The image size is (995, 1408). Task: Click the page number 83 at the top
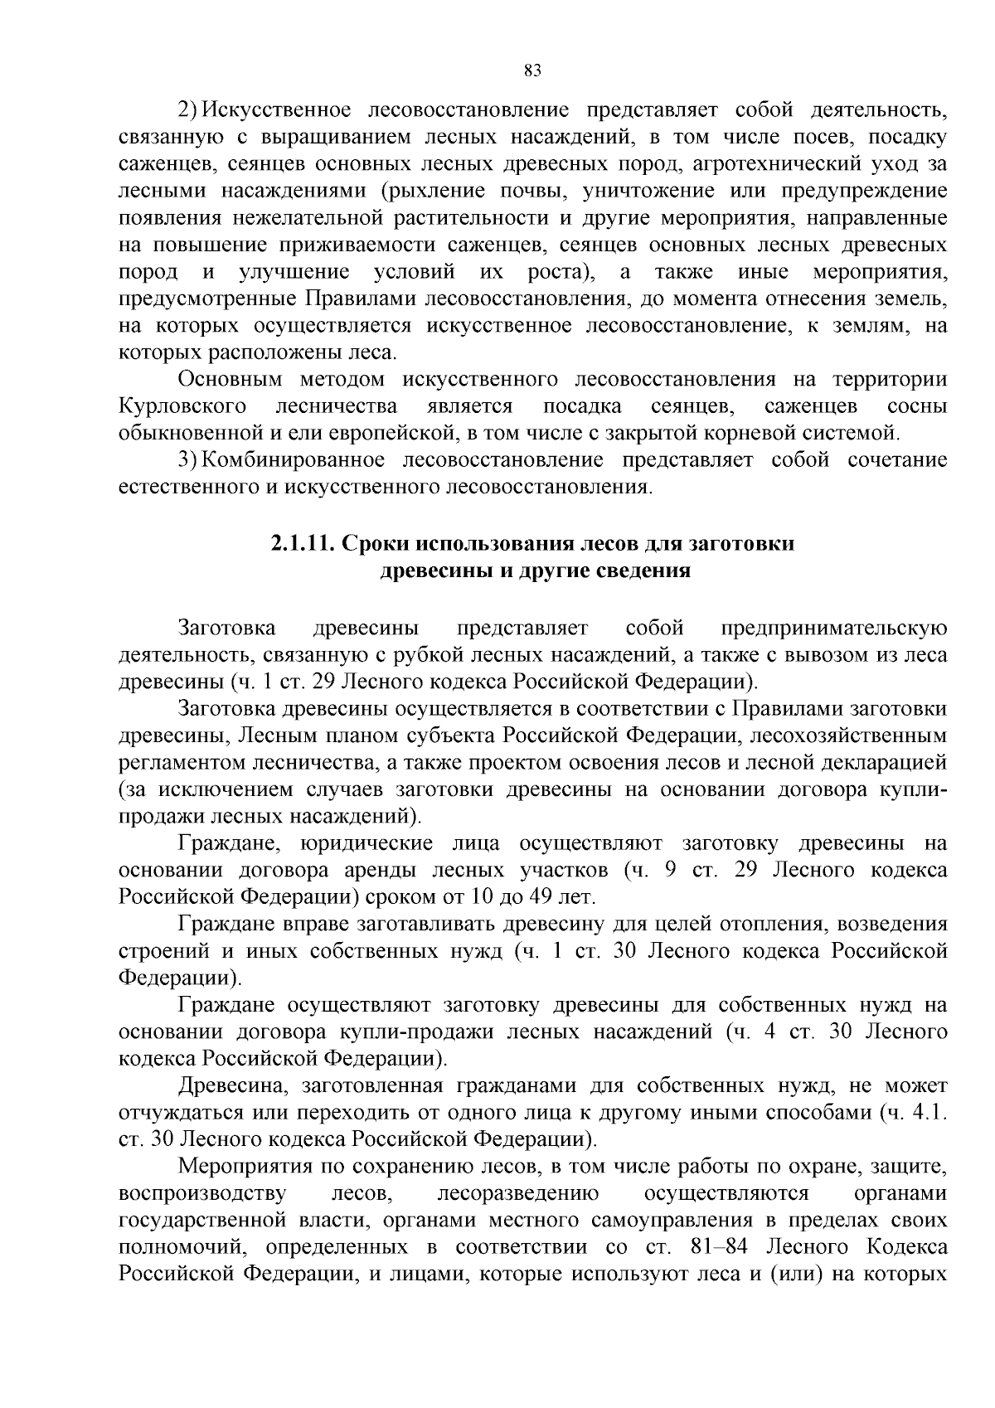tap(533, 71)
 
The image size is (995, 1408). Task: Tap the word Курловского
tap(182, 406)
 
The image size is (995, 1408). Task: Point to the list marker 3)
tap(188, 460)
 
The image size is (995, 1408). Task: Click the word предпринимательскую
tap(834, 628)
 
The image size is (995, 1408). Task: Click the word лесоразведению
tap(518, 1194)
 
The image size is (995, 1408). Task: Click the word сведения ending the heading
tap(643, 571)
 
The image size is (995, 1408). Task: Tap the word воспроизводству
tap(203, 1194)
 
